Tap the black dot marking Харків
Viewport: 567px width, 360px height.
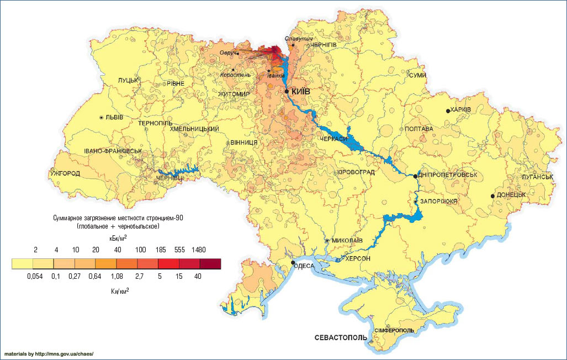tap(448, 111)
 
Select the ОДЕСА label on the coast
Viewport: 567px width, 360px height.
tap(305, 266)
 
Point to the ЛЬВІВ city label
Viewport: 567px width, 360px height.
tap(114, 118)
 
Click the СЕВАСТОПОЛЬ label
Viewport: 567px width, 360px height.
tap(340, 337)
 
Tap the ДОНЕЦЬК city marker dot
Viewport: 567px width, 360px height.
tap(492, 196)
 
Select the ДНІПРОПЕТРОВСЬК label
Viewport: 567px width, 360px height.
tap(448, 175)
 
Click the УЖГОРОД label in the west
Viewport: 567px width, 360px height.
tap(65, 174)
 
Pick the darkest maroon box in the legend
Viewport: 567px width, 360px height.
tap(210, 264)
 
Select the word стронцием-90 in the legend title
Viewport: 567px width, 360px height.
tap(158, 219)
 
